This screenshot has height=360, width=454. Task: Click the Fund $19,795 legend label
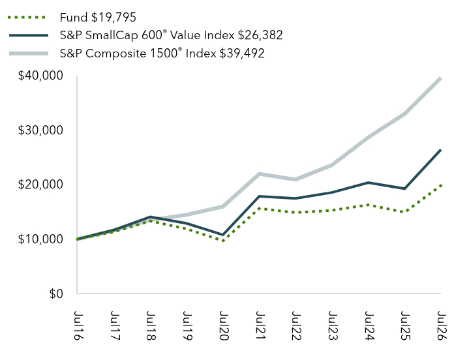[98, 18]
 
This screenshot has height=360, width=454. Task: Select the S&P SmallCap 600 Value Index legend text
[171, 35]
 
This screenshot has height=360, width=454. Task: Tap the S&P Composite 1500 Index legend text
[162, 53]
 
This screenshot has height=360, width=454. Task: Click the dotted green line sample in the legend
[27, 18]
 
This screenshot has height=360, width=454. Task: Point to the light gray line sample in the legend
[29, 53]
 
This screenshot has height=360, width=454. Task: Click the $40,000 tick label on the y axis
[40, 76]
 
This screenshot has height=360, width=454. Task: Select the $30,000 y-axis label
[40, 130]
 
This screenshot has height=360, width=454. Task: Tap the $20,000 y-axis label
[40, 185]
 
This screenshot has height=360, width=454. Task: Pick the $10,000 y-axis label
[40, 239]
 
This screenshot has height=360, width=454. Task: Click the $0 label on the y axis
[56, 293]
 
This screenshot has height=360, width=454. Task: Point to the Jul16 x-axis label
[78, 325]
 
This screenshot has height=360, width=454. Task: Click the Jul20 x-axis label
[223, 325]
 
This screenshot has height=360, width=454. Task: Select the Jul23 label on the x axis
[333, 325]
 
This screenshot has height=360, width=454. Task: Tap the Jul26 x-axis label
[442, 325]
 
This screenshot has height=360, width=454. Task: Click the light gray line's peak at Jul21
[259, 174]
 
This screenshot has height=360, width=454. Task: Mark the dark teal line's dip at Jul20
[223, 235]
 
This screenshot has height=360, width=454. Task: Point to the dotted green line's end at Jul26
[441, 185]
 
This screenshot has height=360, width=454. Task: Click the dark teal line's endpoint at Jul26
[441, 150]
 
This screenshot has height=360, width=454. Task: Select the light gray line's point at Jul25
[404, 113]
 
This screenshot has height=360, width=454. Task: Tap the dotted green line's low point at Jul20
[223, 241]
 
